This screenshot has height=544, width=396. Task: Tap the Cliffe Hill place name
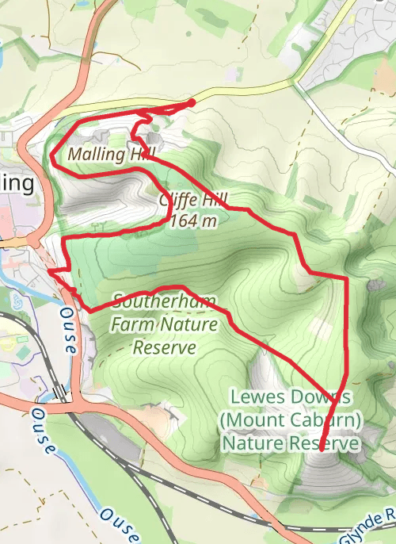[188, 201]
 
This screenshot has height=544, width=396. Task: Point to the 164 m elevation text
[193, 221]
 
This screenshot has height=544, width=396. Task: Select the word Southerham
[164, 301]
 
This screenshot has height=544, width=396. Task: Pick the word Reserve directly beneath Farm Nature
[164, 347]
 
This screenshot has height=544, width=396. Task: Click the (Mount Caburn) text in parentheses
[291, 418]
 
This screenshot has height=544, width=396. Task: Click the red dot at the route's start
[192, 102]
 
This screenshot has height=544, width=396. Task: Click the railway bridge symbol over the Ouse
[60, 393]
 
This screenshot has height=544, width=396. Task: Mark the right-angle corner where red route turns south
[346, 278]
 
